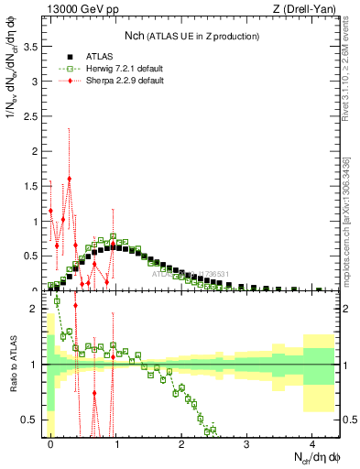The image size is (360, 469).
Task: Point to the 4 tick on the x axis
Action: click(312, 442)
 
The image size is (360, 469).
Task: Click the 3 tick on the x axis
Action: click(246, 442)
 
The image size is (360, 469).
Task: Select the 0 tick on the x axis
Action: click(50, 442)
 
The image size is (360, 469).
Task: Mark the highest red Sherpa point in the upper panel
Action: click(70, 179)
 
